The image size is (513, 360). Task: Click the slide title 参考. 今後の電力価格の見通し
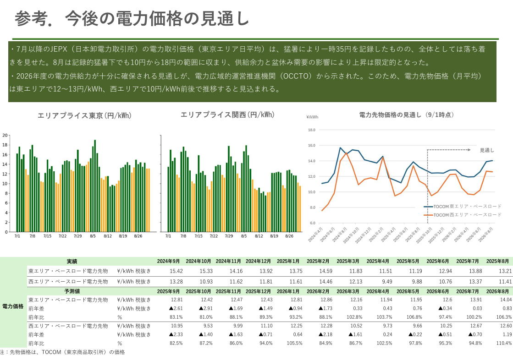132,18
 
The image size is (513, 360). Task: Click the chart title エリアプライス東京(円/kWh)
84,116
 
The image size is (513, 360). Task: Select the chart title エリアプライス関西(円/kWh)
227,115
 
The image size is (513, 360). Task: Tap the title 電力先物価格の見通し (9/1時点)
406,115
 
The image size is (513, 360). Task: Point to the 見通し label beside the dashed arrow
487,150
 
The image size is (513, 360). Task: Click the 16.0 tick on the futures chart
311,145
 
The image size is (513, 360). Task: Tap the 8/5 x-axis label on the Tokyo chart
93,236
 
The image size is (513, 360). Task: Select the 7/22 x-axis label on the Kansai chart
214,236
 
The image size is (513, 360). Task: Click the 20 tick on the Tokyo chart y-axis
5,135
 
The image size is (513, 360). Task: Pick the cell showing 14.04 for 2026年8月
505,300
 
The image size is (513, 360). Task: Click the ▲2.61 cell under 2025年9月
174,308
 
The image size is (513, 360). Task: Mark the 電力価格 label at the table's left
13,305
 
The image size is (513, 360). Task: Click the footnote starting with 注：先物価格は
62,352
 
